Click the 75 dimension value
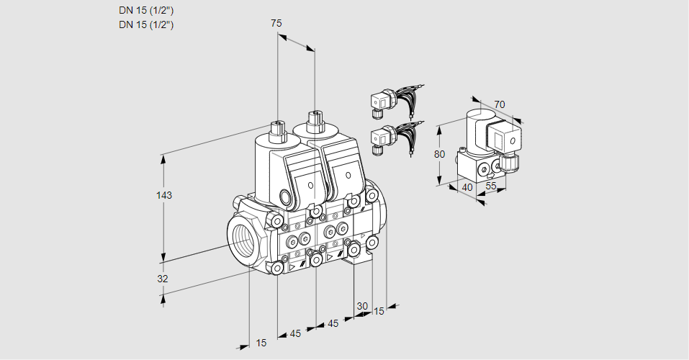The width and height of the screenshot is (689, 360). (x=276, y=23)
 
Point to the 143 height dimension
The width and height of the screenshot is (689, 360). (x=166, y=196)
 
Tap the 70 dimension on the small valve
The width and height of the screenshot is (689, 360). (x=500, y=104)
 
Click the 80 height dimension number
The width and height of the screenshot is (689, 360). (x=441, y=153)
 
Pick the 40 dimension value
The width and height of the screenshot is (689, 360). (x=467, y=187)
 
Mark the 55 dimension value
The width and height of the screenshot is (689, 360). (x=492, y=186)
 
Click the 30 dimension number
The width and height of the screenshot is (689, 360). (x=362, y=305)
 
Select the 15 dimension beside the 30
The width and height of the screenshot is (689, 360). (x=379, y=312)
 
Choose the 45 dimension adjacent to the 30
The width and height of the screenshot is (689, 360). (x=333, y=323)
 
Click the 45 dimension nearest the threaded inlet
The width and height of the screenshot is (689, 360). (x=295, y=333)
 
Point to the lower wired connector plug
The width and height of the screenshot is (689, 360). (x=381, y=138)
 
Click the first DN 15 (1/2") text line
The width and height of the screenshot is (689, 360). (x=147, y=10)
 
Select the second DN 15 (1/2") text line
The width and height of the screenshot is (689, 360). (x=147, y=24)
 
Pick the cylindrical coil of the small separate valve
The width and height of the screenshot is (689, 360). (x=477, y=127)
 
